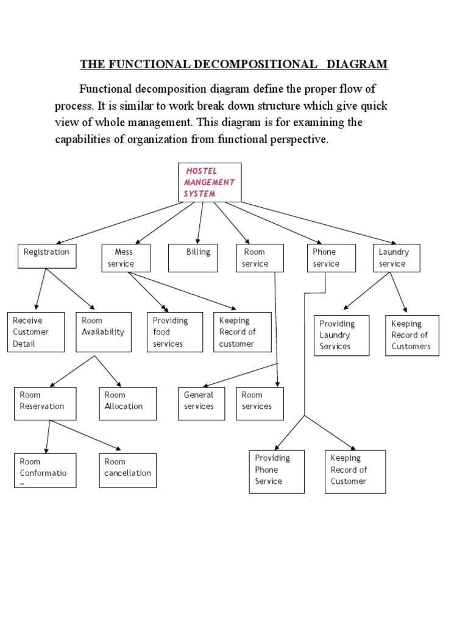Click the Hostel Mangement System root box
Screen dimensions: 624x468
[x=209, y=182]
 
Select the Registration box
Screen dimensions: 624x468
[x=47, y=256]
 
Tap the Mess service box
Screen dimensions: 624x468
[x=126, y=257]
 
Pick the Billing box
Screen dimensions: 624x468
[x=193, y=257]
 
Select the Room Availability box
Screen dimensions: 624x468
[x=104, y=332]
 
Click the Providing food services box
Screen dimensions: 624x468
[x=175, y=332]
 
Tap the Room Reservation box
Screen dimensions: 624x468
[x=45, y=403]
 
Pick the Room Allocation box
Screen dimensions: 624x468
[x=127, y=403]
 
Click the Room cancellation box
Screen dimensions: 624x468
[x=127, y=470]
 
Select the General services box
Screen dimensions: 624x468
[x=201, y=403]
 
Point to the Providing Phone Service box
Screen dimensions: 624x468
[x=277, y=471]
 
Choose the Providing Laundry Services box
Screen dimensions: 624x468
[x=341, y=335]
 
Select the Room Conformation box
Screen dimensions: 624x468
[x=45, y=470]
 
